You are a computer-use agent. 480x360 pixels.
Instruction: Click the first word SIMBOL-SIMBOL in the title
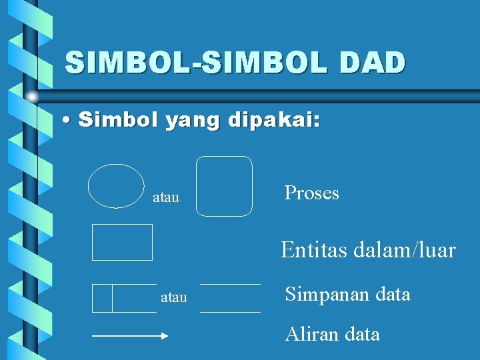tap(194, 63)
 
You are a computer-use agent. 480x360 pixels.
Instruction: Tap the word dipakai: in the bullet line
tap(274, 121)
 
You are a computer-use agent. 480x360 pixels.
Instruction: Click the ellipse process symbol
tap(116, 186)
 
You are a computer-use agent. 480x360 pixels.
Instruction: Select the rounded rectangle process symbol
tap(225, 186)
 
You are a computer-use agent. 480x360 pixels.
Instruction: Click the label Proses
tap(311, 193)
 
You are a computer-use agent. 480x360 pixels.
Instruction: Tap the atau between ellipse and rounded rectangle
tap(166, 198)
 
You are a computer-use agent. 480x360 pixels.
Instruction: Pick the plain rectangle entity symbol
tap(122, 242)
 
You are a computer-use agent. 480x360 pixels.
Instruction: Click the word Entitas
tap(311, 251)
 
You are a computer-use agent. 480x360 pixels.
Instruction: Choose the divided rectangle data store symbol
tap(124, 298)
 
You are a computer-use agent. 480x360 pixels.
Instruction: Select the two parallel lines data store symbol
tap(230, 298)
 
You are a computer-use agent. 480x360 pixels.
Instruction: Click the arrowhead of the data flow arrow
tap(166, 337)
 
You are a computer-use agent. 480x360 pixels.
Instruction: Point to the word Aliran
tap(311, 334)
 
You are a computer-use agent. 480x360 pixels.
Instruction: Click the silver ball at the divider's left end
tap(31, 97)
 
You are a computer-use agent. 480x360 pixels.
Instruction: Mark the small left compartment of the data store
tap(102, 298)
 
